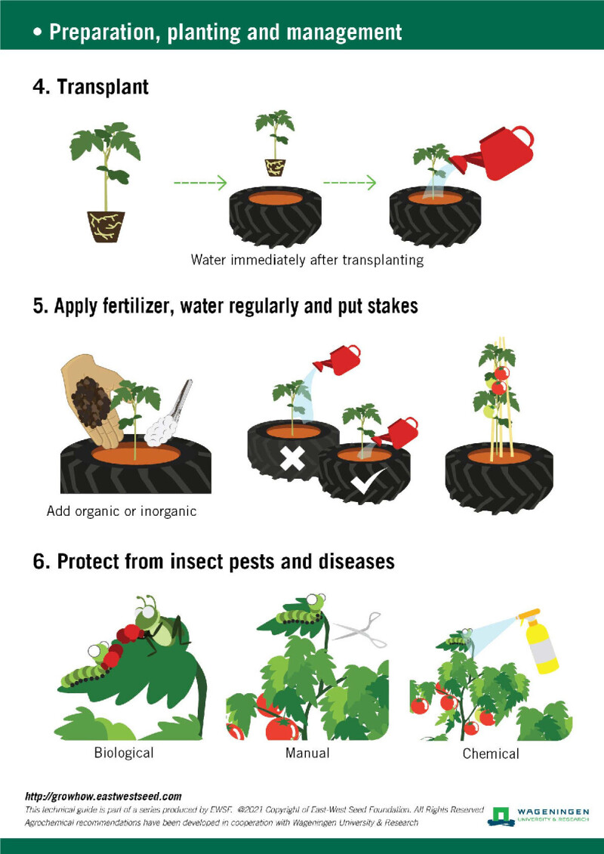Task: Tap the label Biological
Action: tap(124, 752)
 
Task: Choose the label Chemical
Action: tap(491, 753)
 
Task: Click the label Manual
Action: tap(307, 752)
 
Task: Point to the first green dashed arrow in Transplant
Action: tap(200, 182)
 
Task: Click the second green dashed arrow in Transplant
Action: tap(350, 182)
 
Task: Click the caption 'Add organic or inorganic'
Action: tap(122, 511)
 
